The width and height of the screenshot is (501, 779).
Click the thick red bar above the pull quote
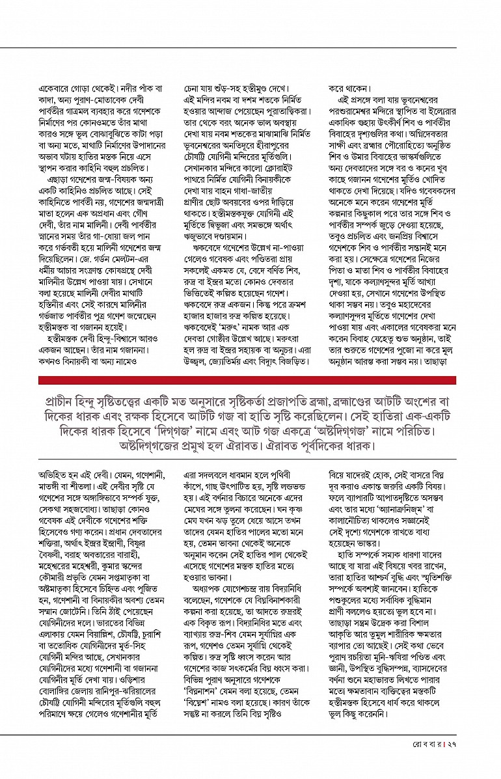[247, 380]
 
